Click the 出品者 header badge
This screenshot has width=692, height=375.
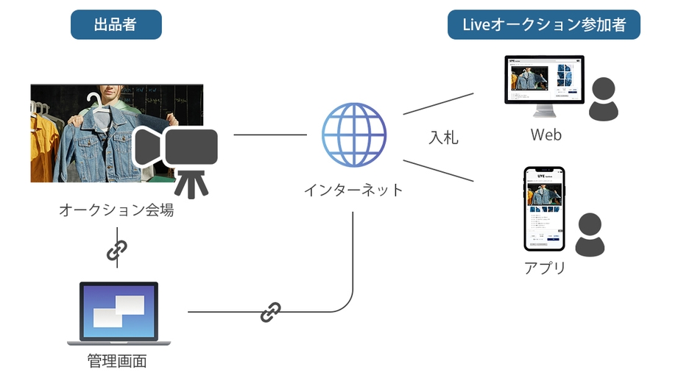[116, 24]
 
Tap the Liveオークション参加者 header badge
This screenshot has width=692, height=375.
[543, 24]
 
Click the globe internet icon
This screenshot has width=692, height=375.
[353, 135]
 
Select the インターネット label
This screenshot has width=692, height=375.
[353, 190]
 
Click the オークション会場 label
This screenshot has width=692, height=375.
[116, 210]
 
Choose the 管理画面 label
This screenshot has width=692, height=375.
[117, 361]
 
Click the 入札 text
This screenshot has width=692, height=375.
[443, 137]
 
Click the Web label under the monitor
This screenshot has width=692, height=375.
[546, 135]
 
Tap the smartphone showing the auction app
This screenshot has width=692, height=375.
[544, 209]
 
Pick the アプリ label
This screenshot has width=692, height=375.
[545, 268]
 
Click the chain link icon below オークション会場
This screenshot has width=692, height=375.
[116, 250]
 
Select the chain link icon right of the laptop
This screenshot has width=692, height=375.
[270, 312]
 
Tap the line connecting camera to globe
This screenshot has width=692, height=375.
[269, 135]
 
